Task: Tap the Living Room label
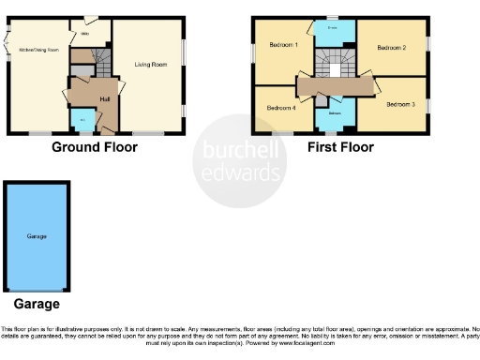click(149, 64)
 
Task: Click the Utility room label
click(83, 34)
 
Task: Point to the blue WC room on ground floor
click(82, 119)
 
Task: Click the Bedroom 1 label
click(282, 45)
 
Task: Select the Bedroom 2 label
click(391, 46)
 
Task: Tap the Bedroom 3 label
click(399, 105)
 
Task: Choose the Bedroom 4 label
click(280, 108)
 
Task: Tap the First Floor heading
click(340, 147)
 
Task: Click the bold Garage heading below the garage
click(37, 305)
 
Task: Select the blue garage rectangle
click(37, 237)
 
